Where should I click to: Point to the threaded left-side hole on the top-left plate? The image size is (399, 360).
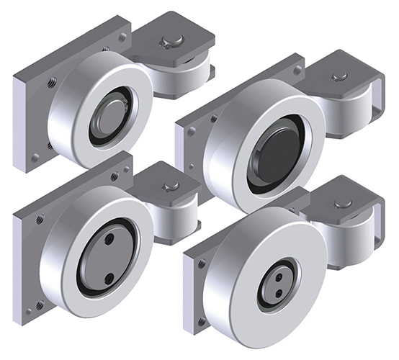(52, 83)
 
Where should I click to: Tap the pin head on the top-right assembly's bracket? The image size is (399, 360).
(339, 76)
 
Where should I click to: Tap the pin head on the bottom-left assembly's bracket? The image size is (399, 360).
(170, 186)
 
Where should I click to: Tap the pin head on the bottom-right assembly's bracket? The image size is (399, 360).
(344, 204)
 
